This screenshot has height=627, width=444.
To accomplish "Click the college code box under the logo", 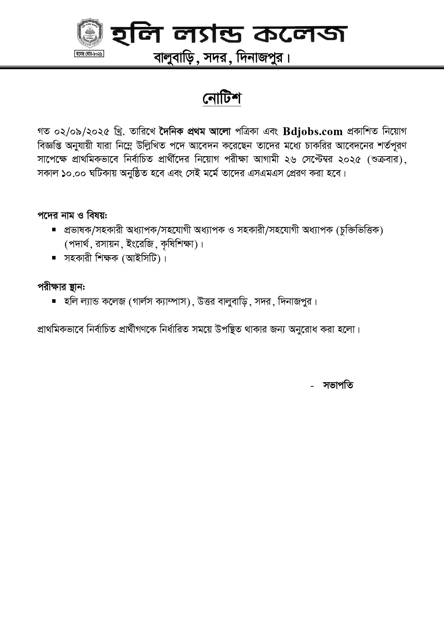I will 89,54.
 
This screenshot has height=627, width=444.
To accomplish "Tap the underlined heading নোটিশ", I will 222,99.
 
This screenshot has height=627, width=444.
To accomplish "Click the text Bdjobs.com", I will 313,132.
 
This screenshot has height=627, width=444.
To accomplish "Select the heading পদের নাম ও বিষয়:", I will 72,216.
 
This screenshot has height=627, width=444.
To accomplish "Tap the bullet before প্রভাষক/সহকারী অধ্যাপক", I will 54,229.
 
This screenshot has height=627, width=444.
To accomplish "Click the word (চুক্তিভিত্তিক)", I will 360,230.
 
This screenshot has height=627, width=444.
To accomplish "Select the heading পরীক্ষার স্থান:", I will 61,287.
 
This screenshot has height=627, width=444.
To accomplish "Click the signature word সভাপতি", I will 337,385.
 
